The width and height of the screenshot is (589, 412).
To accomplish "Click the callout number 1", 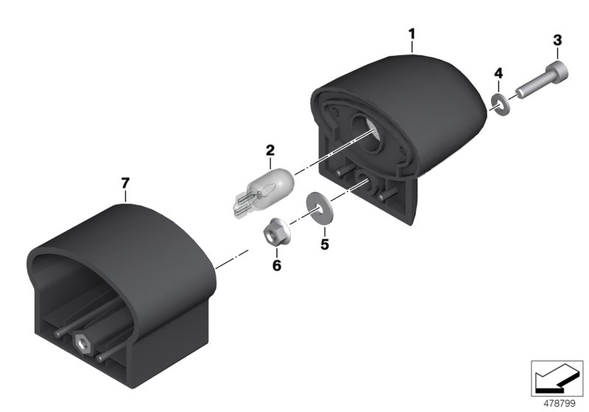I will (x=412, y=33).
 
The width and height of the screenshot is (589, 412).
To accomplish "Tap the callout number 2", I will (x=270, y=151).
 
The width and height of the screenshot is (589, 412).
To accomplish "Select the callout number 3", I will (x=557, y=39).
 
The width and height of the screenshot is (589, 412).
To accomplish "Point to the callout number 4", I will (x=498, y=73).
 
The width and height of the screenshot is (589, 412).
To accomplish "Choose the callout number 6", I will (x=277, y=265).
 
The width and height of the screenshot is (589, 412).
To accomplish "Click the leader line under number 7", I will (x=126, y=195).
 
